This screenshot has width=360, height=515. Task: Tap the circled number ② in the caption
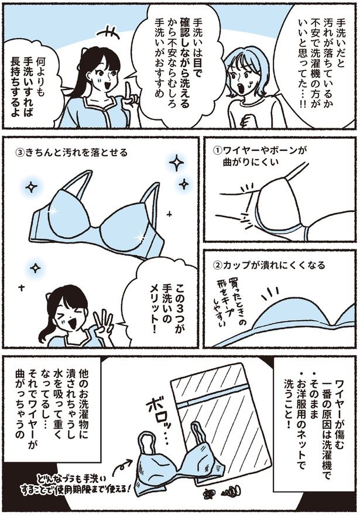(217, 265)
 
